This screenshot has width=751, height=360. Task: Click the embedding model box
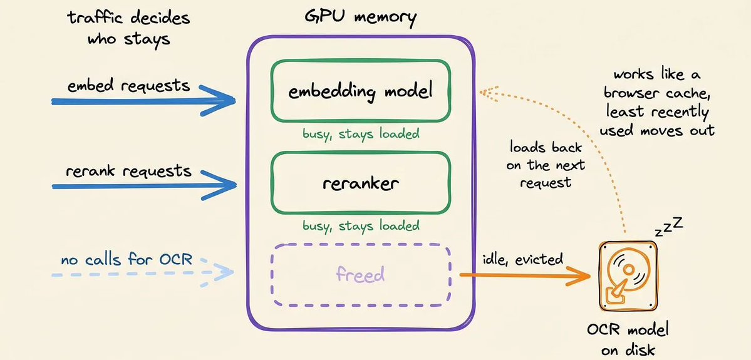click(x=360, y=91)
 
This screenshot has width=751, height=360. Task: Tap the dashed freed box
click(x=360, y=275)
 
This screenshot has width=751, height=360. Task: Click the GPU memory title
click(x=360, y=18)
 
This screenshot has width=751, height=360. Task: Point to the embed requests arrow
click(x=143, y=101)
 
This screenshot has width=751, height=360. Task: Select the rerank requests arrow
click(x=143, y=185)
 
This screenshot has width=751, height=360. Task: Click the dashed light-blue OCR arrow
click(x=143, y=274)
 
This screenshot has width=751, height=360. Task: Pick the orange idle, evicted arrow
click(x=524, y=275)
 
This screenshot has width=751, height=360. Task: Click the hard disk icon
click(x=628, y=276)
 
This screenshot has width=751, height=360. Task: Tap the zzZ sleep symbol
click(x=668, y=228)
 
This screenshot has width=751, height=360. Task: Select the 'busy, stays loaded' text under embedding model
click(x=361, y=133)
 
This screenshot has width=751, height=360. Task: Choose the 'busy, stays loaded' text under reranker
click(x=361, y=225)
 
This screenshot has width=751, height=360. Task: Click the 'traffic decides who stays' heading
click(x=128, y=28)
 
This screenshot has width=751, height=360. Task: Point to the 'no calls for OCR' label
click(x=127, y=260)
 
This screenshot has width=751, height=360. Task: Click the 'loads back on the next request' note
click(x=547, y=164)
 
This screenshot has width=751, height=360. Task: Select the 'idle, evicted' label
click(x=522, y=259)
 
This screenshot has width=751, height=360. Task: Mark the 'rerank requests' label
click(x=128, y=171)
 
